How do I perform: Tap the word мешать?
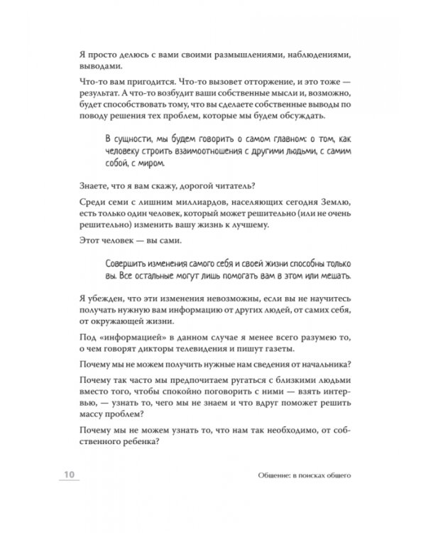[x=331, y=275]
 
